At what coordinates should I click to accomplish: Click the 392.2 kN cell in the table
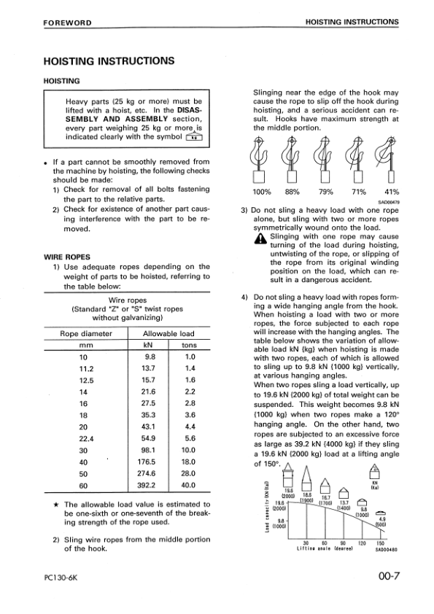pyautogui.click(x=151, y=484)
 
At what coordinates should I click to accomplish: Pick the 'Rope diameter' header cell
pyautogui.click(x=86, y=333)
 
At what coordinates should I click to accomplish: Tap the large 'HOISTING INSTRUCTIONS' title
pyautogui.click(x=109, y=61)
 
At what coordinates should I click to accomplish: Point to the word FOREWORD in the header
pyautogui.click(x=66, y=22)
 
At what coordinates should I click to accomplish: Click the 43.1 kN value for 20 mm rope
pyautogui.click(x=151, y=426)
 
